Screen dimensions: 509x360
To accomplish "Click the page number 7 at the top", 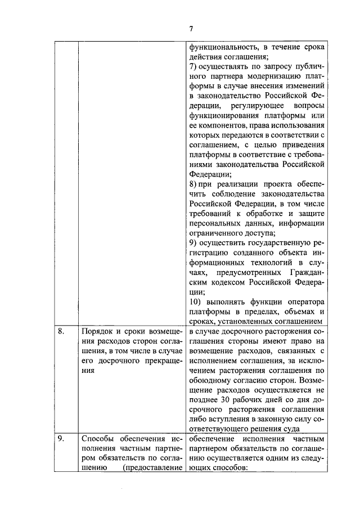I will click(191, 30).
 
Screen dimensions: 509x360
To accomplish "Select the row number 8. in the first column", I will click(62, 332).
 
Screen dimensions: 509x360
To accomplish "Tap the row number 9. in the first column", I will click(62, 438).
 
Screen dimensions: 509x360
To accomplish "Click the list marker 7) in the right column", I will click(193, 67).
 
